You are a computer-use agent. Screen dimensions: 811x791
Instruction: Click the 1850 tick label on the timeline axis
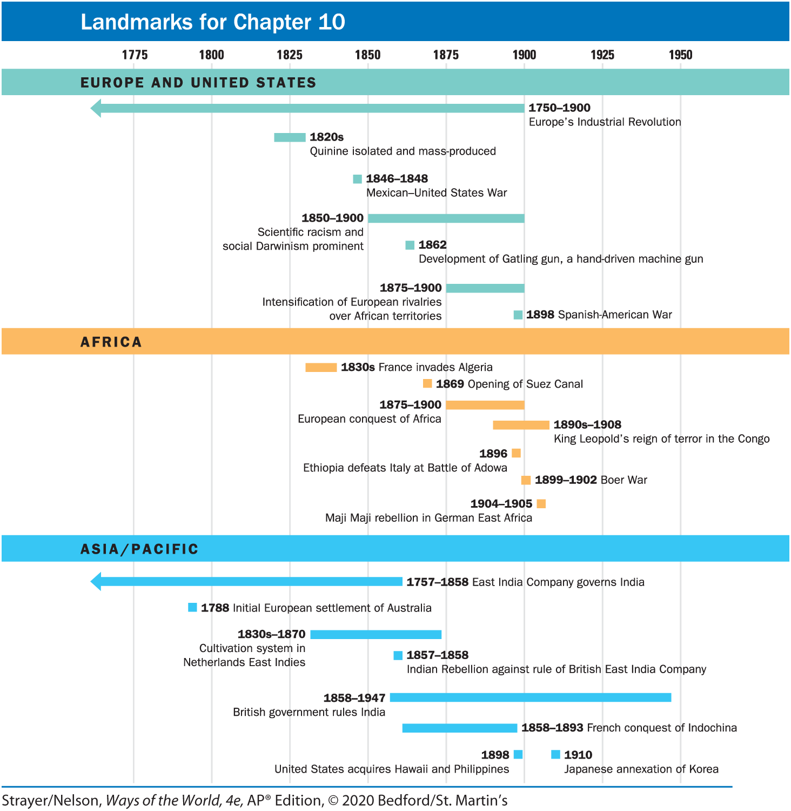pos(367,55)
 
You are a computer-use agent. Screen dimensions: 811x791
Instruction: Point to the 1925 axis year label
pos(602,55)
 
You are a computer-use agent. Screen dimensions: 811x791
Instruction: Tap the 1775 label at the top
pos(135,55)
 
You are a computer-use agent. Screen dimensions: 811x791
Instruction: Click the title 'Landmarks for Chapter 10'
pos(212,22)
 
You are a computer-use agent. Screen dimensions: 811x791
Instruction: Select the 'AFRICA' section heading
pos(111,342)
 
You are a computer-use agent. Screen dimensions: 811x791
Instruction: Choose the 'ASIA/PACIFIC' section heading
pos(139,549)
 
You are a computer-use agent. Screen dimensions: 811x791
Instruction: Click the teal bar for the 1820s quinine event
pos(290,137)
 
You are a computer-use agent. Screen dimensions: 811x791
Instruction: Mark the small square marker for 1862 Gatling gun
pos(410,245)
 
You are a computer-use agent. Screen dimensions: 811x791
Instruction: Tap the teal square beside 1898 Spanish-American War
pos(518,315)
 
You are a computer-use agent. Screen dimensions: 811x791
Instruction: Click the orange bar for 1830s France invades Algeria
pos(321,368)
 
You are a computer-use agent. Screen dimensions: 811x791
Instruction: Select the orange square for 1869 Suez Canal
pos(427,384)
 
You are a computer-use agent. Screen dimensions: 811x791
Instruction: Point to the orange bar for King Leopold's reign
pos(521,425)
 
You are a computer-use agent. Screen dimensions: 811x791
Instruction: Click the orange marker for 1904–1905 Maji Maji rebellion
pos(541,504)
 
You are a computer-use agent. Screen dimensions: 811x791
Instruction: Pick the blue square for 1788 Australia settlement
pos(192,608)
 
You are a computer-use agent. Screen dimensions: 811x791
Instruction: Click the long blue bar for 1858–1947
pos(531,697)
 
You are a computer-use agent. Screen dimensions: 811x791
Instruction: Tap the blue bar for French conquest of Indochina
pos(460,728)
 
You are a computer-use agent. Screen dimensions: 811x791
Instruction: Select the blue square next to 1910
pos(555,754)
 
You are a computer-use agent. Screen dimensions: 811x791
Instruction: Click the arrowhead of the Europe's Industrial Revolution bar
pos(96,108)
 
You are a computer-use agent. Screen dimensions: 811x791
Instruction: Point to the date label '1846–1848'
pos(397,178)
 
